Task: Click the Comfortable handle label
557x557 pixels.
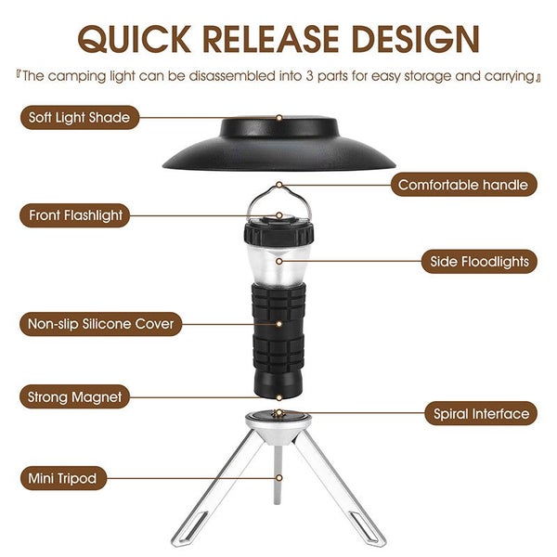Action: tap(462, 185)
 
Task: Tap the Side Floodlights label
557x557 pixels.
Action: tap(479, 262)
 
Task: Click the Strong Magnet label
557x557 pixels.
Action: tap(75, 396)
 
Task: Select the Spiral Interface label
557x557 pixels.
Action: tap(479, 414)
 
